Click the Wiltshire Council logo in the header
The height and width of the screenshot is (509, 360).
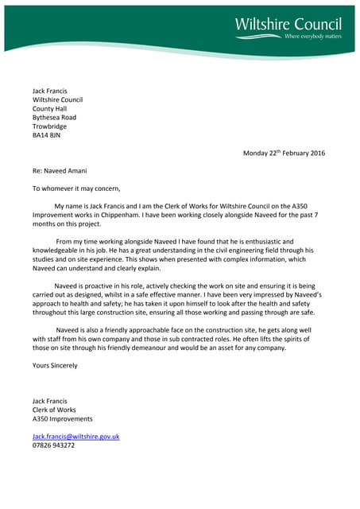pos(288,24)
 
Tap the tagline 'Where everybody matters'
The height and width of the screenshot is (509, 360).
pos(312,37)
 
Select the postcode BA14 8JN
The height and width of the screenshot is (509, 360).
pos(46,136)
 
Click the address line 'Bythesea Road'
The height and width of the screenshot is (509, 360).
pos(54,118)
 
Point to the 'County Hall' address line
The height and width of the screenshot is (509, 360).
pos(50,109)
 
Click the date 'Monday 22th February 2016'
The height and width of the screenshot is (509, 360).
pos(284,153)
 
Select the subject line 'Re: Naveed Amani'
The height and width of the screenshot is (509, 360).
pos(60,171)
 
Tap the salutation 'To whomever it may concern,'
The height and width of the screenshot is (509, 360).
pos(76,188)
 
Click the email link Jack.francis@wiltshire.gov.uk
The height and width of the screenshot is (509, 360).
pos(75,437)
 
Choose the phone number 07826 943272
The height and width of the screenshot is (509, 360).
pos(53,445)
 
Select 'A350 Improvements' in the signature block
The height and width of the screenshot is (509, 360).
pos(62,418)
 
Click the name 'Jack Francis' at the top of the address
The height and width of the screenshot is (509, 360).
pos(49,91)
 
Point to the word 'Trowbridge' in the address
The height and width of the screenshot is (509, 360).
pos(49,126)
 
